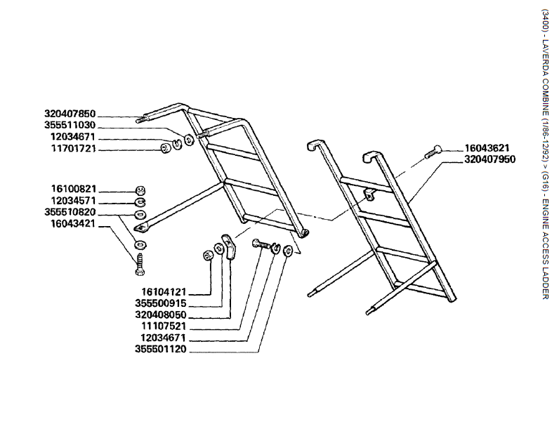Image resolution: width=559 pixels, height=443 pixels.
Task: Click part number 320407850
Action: (70, 114)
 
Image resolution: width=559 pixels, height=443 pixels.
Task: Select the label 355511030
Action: (70, 125)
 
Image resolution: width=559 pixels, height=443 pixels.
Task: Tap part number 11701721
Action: (70, 149)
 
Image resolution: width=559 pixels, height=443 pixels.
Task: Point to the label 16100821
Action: (70, 190)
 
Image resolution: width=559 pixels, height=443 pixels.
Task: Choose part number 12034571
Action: (70, 201)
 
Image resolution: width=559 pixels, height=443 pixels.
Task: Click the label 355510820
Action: (70, 212)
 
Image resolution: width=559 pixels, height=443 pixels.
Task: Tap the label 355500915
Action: (161, 303)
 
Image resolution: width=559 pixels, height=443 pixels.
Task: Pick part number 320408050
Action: (161, 315)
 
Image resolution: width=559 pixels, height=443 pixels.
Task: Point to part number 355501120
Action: (161, 350)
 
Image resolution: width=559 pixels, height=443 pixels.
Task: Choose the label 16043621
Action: (487, 148)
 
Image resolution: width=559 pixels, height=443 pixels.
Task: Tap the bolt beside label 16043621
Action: (432, 150)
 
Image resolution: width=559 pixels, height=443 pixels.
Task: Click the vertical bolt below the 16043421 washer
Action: (139, 265)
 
